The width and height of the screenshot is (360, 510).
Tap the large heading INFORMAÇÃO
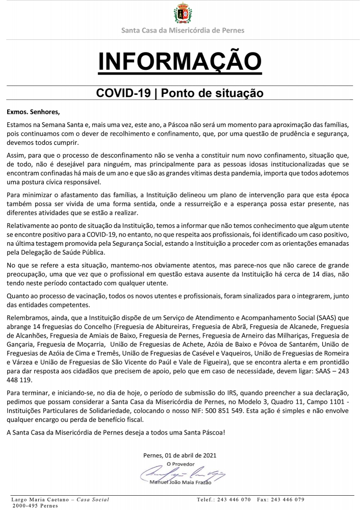pyautogui.click(x=179, y=61)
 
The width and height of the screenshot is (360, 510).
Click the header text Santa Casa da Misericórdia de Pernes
pyautogui.click(x=183, y=31)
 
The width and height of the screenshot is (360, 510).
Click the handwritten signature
pyautogui.click(x=178, y=472)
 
